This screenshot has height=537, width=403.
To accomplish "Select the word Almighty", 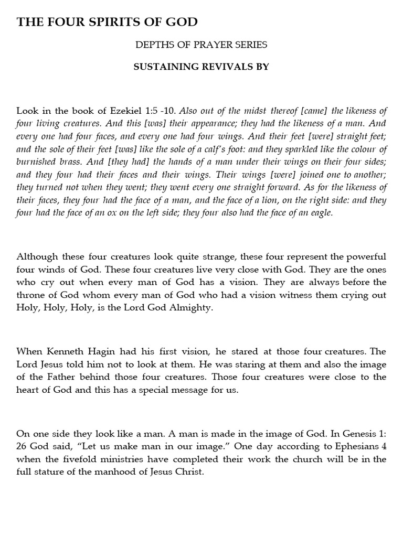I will [194, 308].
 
